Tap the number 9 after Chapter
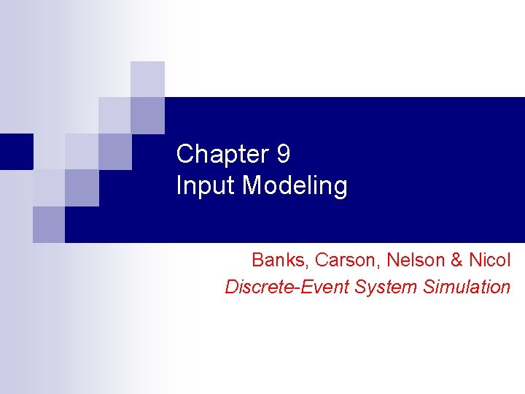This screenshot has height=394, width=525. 283,154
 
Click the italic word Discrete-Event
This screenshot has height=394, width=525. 287,287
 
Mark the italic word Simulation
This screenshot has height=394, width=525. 466,287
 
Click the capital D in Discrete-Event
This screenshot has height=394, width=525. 231,287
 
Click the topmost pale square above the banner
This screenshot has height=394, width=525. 147,79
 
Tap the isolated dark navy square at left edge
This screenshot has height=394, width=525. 16,152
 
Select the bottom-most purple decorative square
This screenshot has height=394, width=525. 49,224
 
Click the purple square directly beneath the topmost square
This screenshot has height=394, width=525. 147,115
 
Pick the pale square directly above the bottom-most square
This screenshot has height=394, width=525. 49,188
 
